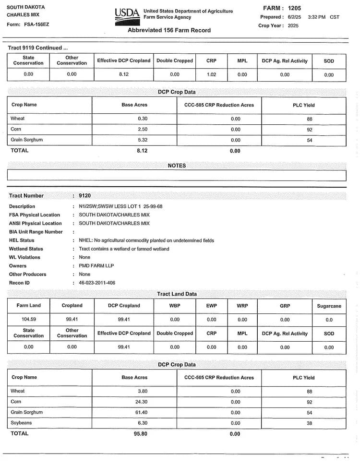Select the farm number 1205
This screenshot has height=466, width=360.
pyautogui.click(x=295, y=8)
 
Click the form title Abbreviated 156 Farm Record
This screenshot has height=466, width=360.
pyautogui.click(x=169, y=30)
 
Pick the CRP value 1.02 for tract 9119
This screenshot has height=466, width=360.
pyautogui.click(x=211, y=74)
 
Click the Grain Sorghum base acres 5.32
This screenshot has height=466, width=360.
pyautogui.click(x=142, y=140)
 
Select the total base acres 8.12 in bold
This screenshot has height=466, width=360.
pyautogui.click(x=142, y=151)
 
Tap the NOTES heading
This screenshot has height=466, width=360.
pyautogui.click(x=177, y=166)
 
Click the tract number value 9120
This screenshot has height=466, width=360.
pyautogui.click(x=84, y=196)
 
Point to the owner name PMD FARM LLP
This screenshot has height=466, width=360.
pyautogui.click(x=96, y=266)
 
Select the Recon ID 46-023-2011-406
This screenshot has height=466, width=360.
pyautogui.click(x=97, y=283)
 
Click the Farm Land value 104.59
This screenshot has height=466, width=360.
pyautogui.click(x=29, y=319)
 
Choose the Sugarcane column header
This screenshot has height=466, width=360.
pyautogui.click(x=329, y=306)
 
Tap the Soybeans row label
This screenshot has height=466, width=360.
pyautogui.click(x=21, y=423)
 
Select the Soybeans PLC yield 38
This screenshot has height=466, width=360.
pyautogui.click(x=310, y=423)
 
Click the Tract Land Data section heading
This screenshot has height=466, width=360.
pyautogui.click(x=177, y=294)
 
